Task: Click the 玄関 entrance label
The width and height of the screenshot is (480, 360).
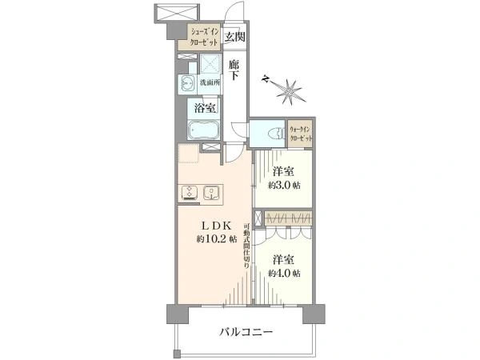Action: [235, 38]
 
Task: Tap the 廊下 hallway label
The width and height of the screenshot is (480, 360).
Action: [234, 70]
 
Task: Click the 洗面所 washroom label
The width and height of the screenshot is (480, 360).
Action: [210, 82]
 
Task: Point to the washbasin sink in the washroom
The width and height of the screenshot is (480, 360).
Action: [187, 82]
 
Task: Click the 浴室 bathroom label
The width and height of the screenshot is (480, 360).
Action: [205, 108]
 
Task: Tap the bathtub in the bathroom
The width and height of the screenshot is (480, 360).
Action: [203, 130]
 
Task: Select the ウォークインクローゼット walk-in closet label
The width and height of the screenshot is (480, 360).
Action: [301, 134]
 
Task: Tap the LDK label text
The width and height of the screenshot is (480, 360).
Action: [215, 226]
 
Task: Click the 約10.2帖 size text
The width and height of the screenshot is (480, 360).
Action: [217, 238]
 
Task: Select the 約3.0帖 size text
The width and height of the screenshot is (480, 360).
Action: [284, 186]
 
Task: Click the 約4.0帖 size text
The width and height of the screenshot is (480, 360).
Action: [284, 273]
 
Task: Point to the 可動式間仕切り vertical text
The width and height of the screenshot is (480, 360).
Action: [246, 246]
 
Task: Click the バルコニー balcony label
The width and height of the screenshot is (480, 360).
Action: [246, 332]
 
